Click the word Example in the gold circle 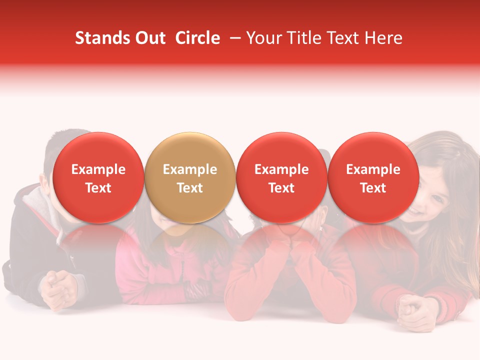tap(190, 169)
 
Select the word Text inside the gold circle tap(190, 188)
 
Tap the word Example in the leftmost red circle tap(98, 169)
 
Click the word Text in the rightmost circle tap(373, 188)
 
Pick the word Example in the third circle tap(281, 169)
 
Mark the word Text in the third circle tap(281, 188)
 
